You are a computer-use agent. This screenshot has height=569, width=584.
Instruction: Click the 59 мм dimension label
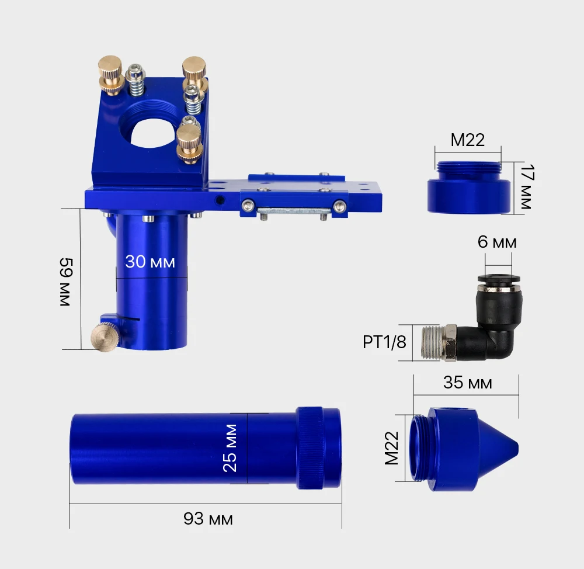[x=66, y=282]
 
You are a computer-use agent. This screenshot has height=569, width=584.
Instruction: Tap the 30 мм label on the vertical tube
[x=150, y=262]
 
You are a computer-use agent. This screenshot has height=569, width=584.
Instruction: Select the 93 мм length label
[x=208, y=519]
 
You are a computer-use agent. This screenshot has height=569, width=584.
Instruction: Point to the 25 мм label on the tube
[x=230, y=448]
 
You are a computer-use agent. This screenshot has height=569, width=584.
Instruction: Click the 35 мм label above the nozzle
[x=467, y=383]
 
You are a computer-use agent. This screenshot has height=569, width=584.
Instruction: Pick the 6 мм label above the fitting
[x=497, y=242]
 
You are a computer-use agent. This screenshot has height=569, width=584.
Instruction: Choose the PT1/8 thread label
[x=384, y=342]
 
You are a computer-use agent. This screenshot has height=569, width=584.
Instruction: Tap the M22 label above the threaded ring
[x=467, y=140]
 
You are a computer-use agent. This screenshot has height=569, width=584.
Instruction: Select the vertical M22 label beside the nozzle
[x=391, y=448]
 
